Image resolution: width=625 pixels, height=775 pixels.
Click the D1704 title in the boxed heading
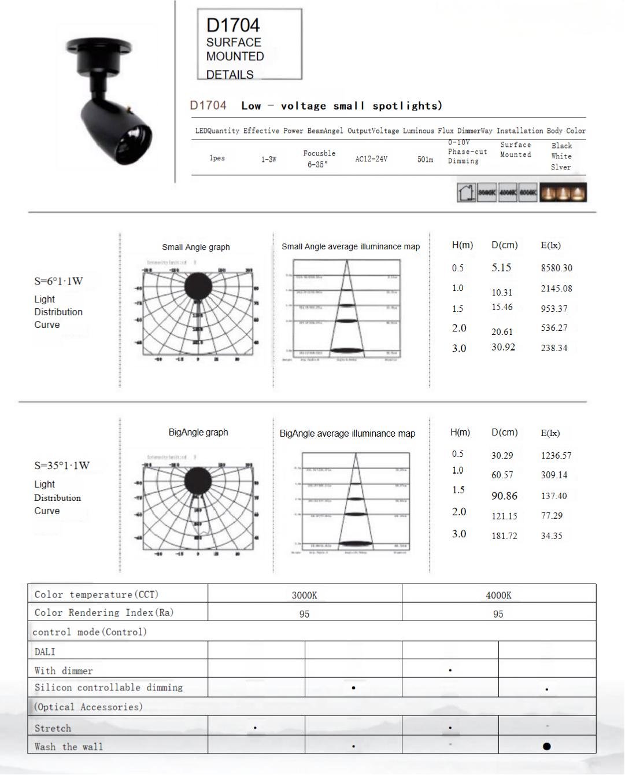[233, 25]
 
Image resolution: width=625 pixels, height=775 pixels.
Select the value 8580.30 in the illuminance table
[556, 268]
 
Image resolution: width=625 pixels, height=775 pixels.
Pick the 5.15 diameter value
[501, 268]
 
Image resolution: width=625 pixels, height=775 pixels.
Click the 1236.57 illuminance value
[556, 456]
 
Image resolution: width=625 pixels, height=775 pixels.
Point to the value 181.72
[504, 536]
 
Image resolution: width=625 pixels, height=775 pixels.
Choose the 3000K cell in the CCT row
[304, 595]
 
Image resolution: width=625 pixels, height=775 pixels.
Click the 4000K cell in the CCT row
[498, 595]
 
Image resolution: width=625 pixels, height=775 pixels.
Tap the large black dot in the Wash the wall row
[546, 746]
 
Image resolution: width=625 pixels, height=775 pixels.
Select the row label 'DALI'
[45, 652]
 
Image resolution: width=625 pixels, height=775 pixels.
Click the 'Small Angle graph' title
[196, 247]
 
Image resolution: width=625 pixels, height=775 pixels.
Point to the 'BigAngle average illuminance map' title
[347, 433]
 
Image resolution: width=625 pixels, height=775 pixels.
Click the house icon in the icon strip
[466, 193]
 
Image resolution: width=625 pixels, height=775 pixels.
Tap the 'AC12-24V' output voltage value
[371, 159]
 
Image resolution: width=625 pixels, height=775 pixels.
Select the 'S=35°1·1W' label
[62, 466]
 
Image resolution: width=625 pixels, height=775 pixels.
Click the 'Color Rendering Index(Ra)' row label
[104, 612]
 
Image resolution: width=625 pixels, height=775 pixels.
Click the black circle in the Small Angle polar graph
[198, 286]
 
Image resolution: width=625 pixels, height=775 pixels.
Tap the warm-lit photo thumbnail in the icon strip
[563, 193]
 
